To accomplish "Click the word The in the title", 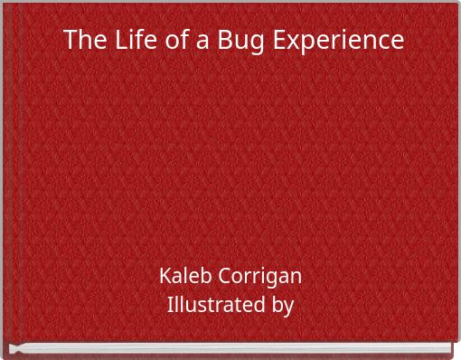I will [85, 41].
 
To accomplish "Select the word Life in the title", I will [133, 41].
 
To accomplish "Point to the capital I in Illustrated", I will [171, 306].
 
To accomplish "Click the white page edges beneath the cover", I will [230, 348].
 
